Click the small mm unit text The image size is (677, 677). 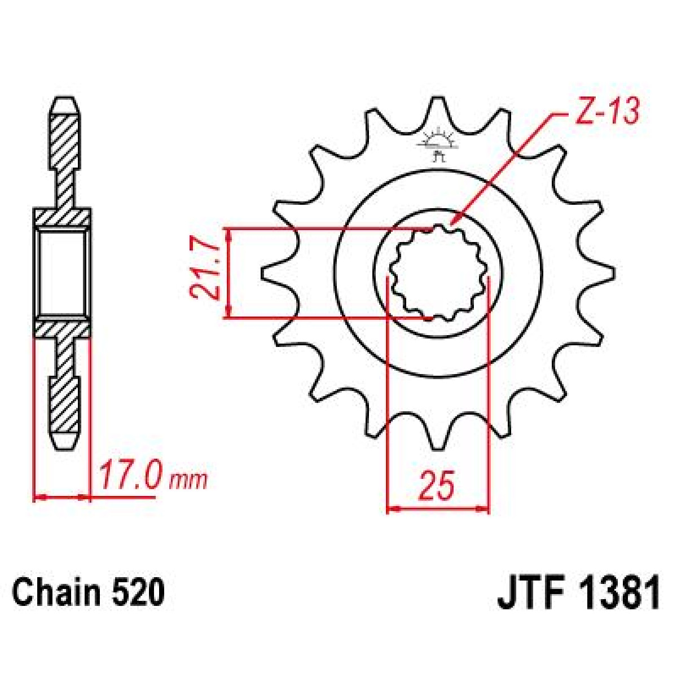click(188, 481)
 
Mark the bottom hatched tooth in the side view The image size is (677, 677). click(65, 403)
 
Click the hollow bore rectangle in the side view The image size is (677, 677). click(63, 274)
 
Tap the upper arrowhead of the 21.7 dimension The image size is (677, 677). click(228, 234)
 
